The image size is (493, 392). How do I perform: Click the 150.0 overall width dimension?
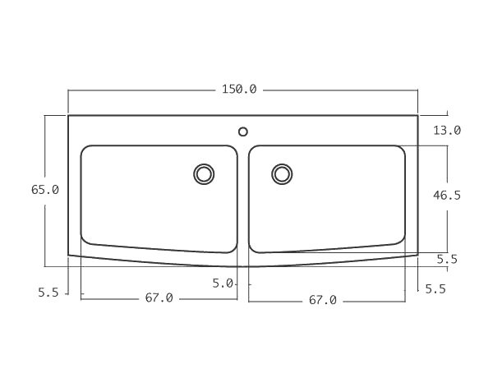239,89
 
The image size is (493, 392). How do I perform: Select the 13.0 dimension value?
447,130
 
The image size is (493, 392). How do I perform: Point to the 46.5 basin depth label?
446,195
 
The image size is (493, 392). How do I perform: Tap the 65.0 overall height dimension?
45,189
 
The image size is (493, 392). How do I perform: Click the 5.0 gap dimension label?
222,283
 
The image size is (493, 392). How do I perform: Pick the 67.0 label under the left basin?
159,297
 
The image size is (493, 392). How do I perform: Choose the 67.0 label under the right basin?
323,300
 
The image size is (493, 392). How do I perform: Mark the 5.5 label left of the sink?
48,292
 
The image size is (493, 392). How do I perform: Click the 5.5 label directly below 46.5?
447,259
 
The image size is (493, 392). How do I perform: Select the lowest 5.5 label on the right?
435,288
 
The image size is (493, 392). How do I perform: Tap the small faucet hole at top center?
242,131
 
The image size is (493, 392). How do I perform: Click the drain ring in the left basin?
204,173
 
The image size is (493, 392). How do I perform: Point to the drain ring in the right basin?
282,173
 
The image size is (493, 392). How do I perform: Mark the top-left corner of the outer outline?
68,115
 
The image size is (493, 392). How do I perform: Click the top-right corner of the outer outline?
417,115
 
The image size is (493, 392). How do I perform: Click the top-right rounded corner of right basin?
401,150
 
